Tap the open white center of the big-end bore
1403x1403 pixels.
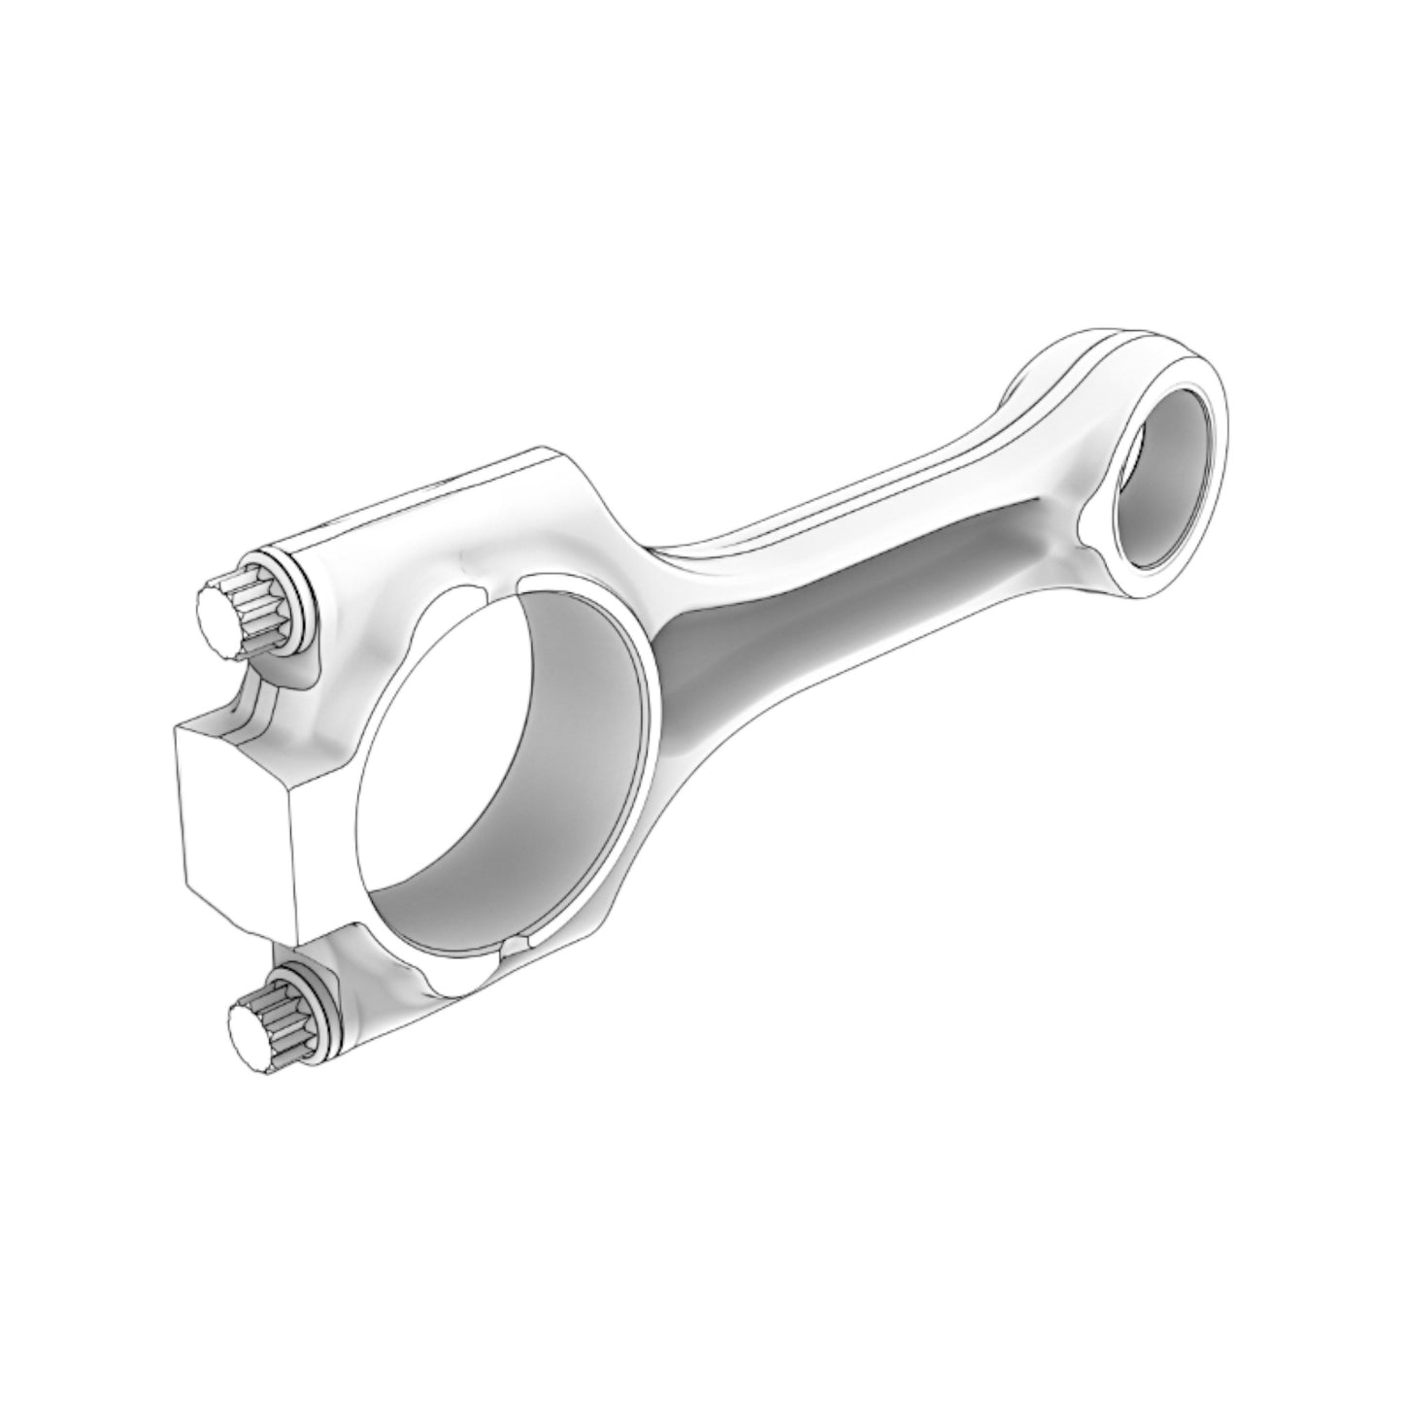427,757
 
